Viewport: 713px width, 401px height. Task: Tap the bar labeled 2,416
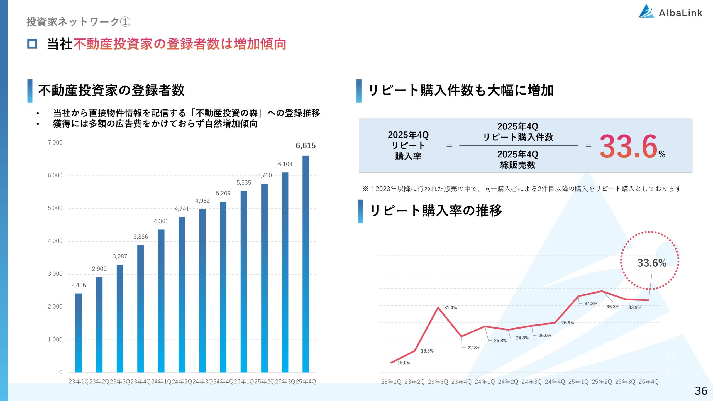79,333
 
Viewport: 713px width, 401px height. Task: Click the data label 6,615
306,146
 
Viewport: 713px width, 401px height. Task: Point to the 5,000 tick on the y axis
55,208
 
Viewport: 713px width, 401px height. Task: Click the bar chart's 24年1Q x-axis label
161,382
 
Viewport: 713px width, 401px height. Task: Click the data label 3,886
140,237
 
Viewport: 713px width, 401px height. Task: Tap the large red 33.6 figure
628,146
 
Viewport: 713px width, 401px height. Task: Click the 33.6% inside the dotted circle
652,263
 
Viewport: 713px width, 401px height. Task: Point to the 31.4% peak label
450,308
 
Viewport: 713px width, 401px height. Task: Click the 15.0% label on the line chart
403,363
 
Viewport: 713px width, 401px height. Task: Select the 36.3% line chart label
613,307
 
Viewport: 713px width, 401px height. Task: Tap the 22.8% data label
474,348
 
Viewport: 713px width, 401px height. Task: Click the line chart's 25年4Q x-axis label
648,382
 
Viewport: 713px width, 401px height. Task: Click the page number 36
701,391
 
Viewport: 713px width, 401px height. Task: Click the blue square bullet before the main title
32,44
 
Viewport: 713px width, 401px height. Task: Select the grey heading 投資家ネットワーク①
78,22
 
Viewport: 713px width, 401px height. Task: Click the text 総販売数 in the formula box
517,165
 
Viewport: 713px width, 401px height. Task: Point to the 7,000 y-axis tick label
55,143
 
